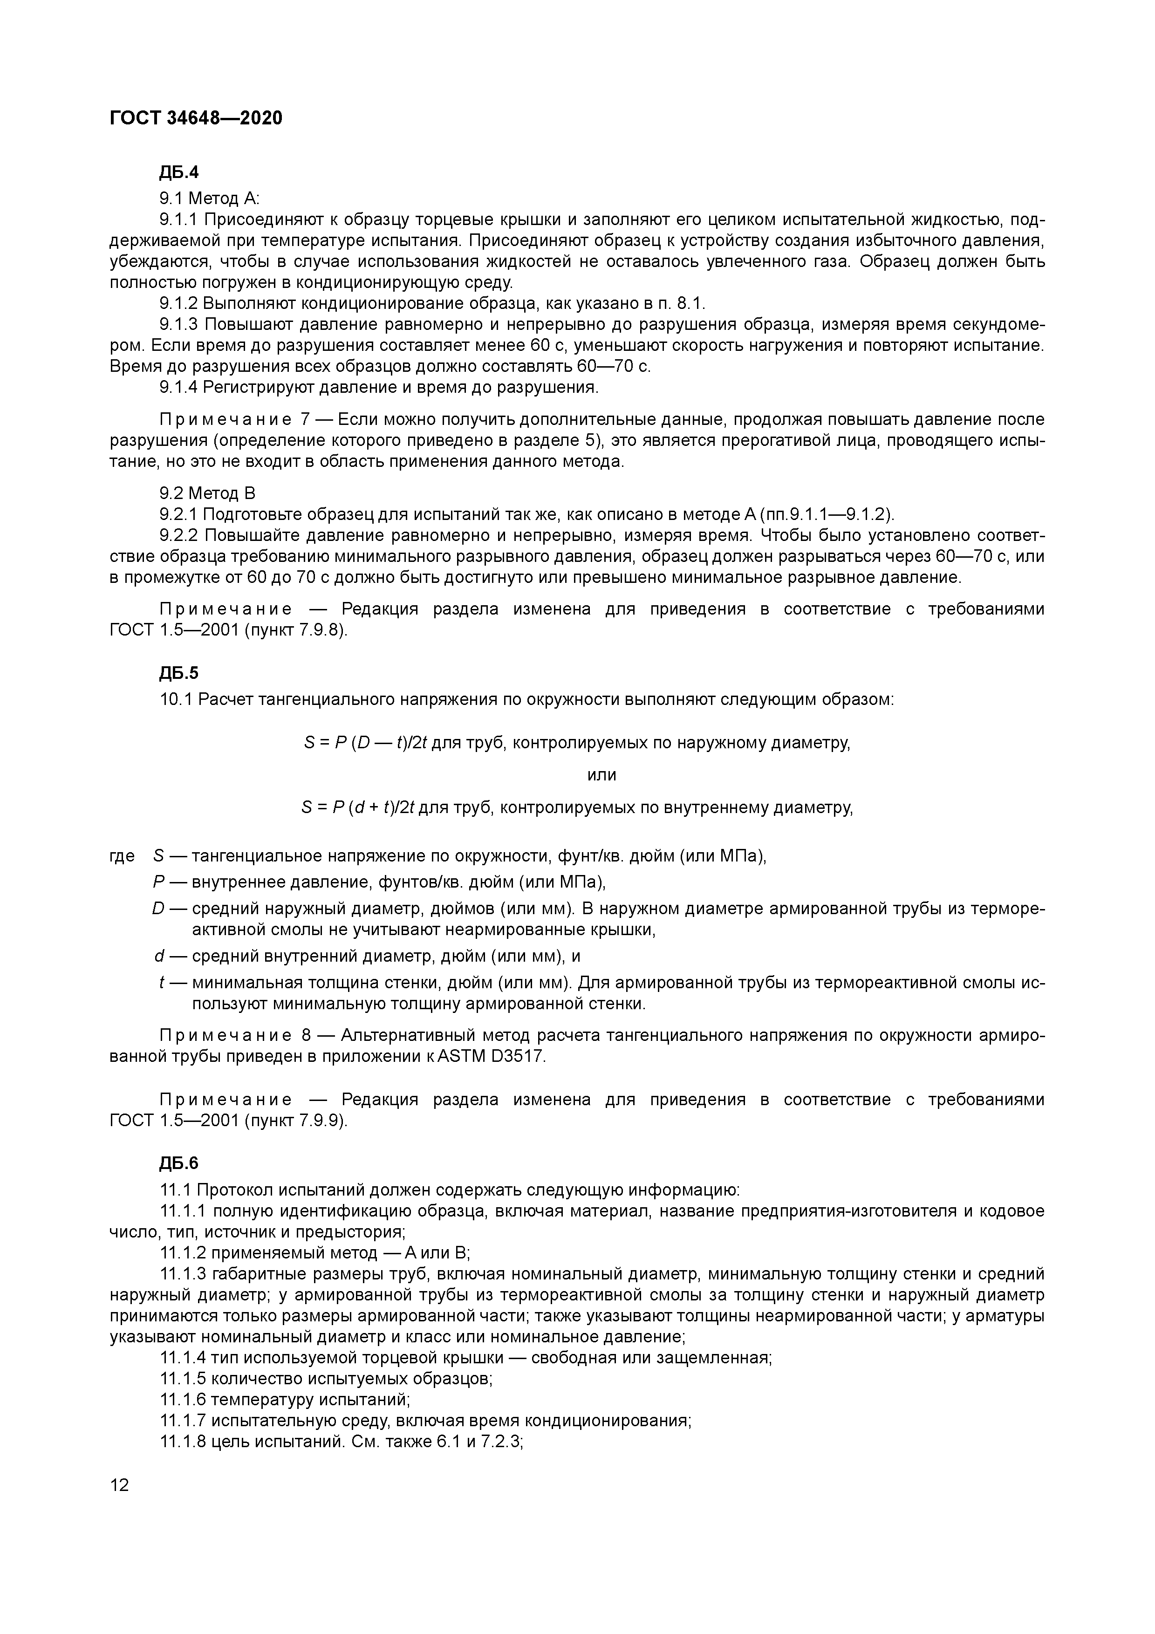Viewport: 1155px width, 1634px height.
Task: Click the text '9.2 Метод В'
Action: (207, 493)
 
